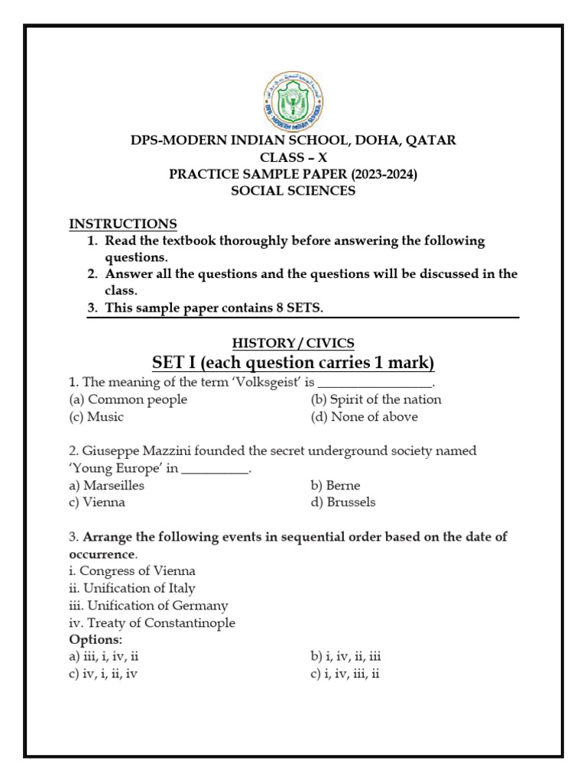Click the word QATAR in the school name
click(430, 140)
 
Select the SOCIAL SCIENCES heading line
click(293, 191)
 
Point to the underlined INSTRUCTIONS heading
click(123, 224)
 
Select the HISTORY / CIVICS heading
click(293, 343)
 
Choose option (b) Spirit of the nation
click(375, 399)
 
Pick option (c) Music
click(96, 417)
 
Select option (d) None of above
click(364, 417)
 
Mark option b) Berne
click(336, 485)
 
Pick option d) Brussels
click(343, 502)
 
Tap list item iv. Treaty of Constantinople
click(152, 623)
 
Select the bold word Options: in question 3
click(96, 639)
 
